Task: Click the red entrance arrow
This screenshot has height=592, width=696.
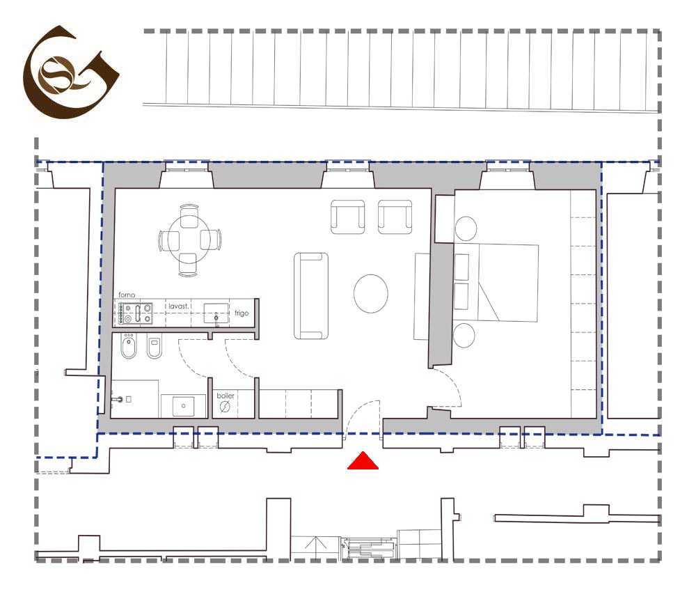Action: (x=363, y=461)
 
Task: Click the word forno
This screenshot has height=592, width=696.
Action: (x=127, y=295)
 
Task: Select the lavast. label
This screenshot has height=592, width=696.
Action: (x=178, y=306)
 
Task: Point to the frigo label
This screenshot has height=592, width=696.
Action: (x=242, y=313)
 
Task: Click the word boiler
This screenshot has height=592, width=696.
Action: (x=226, y=396)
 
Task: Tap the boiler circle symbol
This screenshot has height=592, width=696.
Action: (x=225, y=406)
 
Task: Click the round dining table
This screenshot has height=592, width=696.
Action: (x=189, y=240)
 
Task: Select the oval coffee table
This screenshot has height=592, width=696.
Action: (x=371, y=293)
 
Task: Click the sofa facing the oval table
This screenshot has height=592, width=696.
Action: (x=310, y=296)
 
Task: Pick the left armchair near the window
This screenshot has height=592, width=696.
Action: (x=347, y=217)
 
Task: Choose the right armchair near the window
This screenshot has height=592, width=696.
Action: (x=395, y=217)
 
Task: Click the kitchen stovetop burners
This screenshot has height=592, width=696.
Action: (x=136, y=313)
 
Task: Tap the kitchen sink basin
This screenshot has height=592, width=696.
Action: (x=216, y=313)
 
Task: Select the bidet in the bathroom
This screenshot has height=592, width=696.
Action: (x=129, y=346)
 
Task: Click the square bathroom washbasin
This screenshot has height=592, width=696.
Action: (x=183, y=406)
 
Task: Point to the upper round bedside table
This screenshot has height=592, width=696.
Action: (x=466, y=228)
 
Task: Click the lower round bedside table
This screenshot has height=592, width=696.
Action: (x=464, y=335)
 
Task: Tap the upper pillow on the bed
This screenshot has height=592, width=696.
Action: (x=461, y=267)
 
